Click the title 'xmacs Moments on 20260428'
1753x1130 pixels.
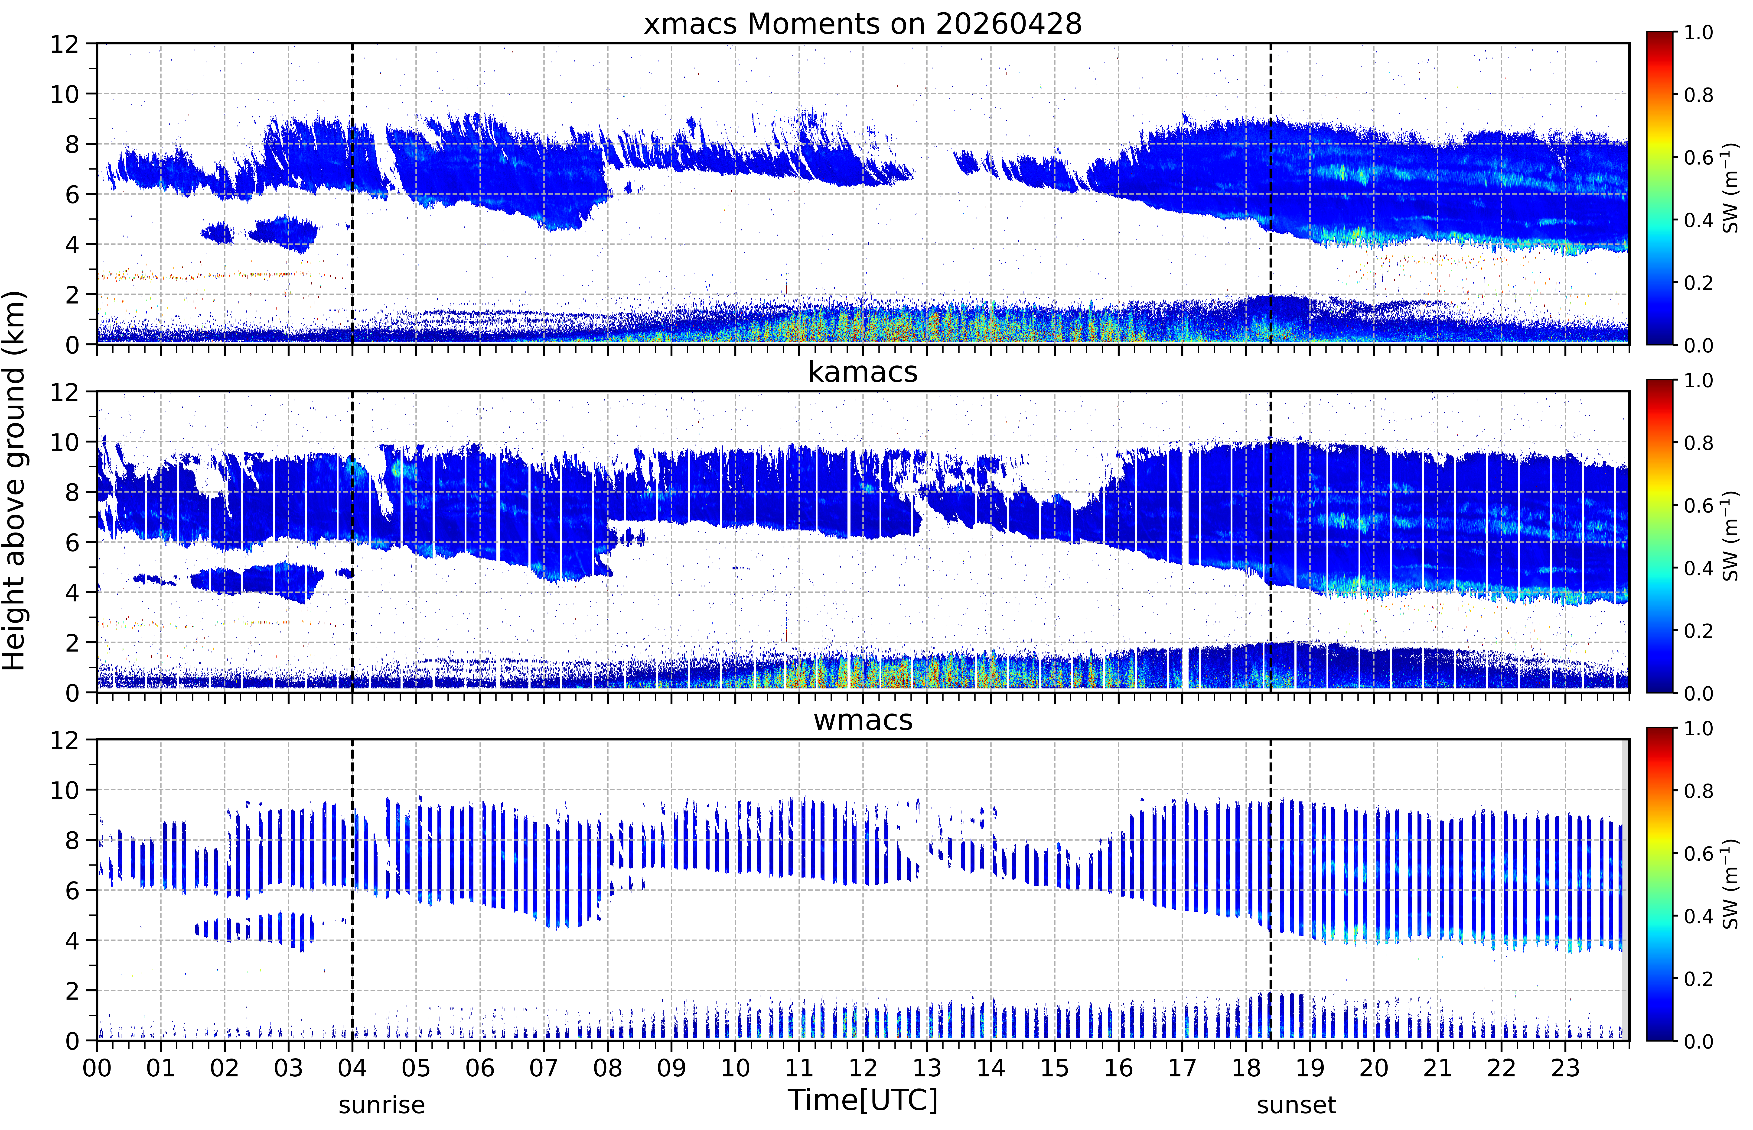(x=863, y=24)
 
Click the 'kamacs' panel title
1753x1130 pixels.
(x=863, y=372)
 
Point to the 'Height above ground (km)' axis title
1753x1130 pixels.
(x=15, y=481)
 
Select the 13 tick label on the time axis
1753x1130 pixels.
(x=927, y=1068)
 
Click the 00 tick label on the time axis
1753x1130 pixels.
(x=97, y=1068)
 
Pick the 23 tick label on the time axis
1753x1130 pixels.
(x=1565, y=1068)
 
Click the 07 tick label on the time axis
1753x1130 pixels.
(x=544, y=1068)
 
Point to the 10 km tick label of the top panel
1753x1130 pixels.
(x=65, y=94)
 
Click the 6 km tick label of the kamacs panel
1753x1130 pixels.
(x=72, y=542)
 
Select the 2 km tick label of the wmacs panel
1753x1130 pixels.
(x=72, y=991)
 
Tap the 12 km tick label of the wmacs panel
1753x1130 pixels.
(x=65, y=740)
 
